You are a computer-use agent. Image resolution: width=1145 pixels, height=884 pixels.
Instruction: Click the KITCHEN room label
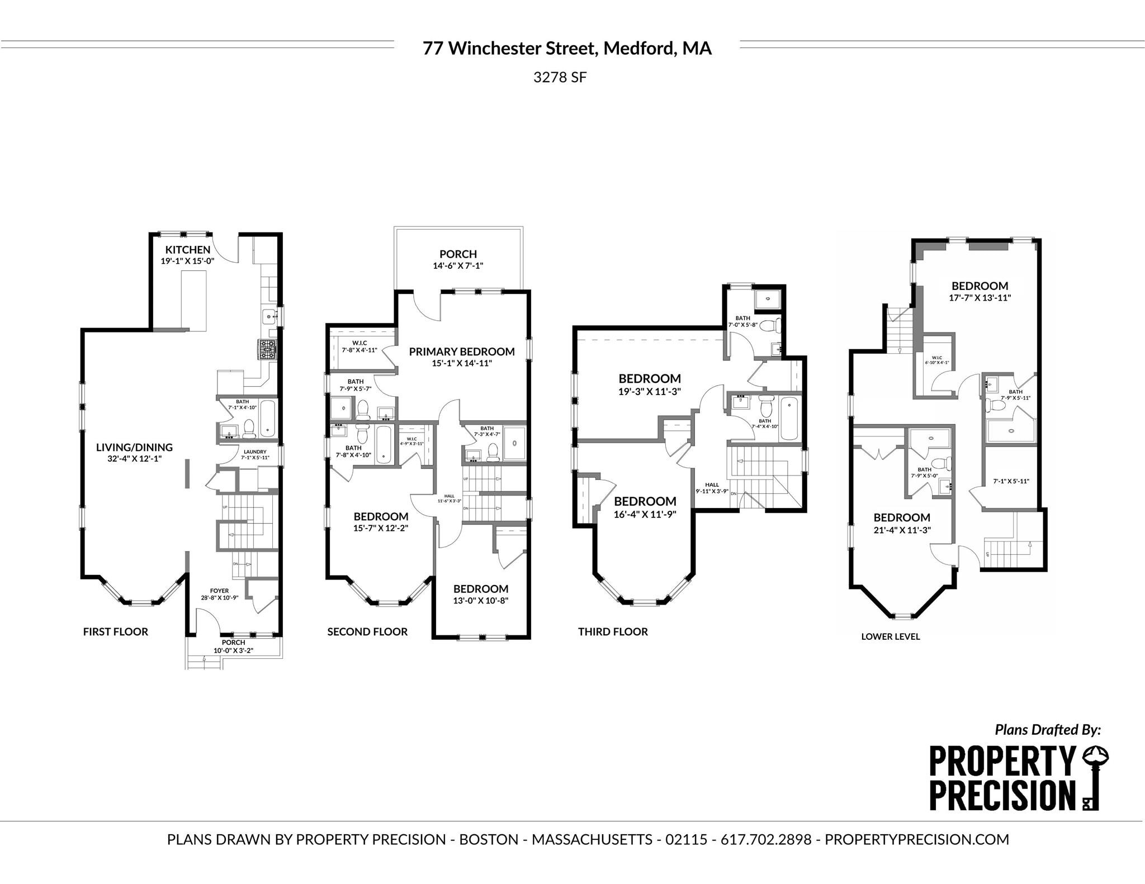coord(188,250)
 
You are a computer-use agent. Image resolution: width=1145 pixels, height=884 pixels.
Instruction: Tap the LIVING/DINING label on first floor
coord(134,447)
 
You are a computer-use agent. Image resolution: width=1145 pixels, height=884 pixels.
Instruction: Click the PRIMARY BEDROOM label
coord(462,351)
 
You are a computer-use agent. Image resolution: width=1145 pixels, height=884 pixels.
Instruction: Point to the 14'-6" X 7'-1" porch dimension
coord(458,266)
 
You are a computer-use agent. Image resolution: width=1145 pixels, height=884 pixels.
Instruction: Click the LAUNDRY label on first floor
coord(255,451)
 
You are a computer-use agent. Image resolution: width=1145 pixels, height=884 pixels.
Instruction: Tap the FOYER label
coord(219,591)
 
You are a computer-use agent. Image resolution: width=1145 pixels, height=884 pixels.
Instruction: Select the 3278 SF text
coord(560,77)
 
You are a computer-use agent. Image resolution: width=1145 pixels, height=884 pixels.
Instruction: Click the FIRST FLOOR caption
coord(116,631)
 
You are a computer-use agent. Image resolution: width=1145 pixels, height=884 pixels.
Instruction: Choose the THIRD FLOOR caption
coord(613,631)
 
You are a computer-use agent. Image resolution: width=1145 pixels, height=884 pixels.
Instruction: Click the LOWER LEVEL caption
coord(890,636)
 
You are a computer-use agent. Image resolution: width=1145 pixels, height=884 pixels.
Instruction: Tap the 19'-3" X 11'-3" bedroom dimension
coord(649,392)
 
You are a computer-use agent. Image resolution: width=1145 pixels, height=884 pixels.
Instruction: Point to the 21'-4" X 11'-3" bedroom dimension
coord(902,530)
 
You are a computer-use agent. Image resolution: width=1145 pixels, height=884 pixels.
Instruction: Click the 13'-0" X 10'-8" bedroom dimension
coord(481,601)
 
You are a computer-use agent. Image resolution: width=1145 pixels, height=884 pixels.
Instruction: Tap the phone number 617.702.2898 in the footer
coord(765,839)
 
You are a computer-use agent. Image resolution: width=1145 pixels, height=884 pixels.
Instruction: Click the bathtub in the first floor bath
coord(268,418)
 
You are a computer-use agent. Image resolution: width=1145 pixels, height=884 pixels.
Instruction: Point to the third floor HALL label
coord(712,484)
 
